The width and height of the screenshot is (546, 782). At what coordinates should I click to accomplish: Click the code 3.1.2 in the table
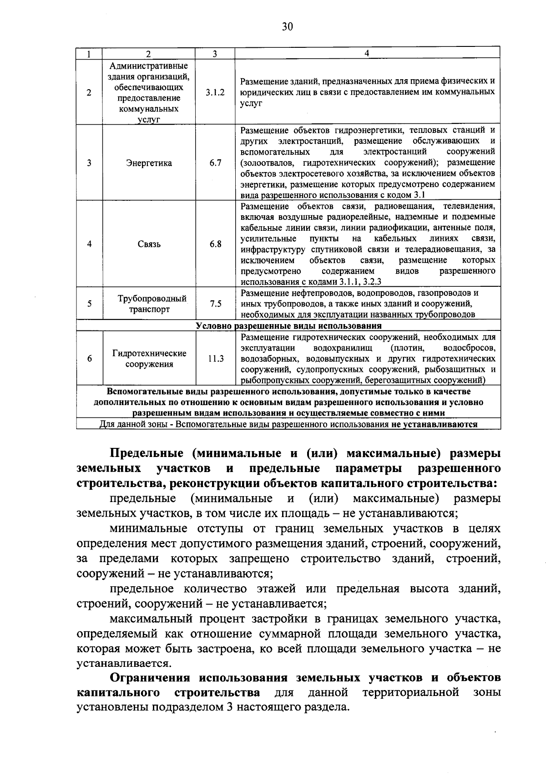point(215,92)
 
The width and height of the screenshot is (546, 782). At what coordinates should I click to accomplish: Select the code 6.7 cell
point(215,163)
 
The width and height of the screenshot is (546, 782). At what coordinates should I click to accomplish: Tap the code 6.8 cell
point(215,244)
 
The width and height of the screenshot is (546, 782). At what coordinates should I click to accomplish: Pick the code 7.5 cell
point(215,304)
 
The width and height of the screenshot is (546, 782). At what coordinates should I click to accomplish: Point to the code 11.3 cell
point(216,359)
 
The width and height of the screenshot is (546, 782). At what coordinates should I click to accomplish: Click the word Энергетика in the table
point(149,163)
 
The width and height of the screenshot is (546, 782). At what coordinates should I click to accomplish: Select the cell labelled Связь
point(149,244)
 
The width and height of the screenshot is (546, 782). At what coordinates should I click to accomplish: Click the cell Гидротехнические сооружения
point(149,359)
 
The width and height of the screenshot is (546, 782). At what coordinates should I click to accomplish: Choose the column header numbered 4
point(367,53)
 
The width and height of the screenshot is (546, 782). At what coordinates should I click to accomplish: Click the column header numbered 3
point(214,53)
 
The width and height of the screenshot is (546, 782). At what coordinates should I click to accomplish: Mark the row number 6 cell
point(90,359)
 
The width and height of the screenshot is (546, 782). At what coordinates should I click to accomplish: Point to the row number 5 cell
point(90,304)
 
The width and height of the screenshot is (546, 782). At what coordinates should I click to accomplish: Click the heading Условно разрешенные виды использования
point(288,326)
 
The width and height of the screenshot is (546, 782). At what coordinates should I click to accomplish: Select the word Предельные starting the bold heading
point(146,453)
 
